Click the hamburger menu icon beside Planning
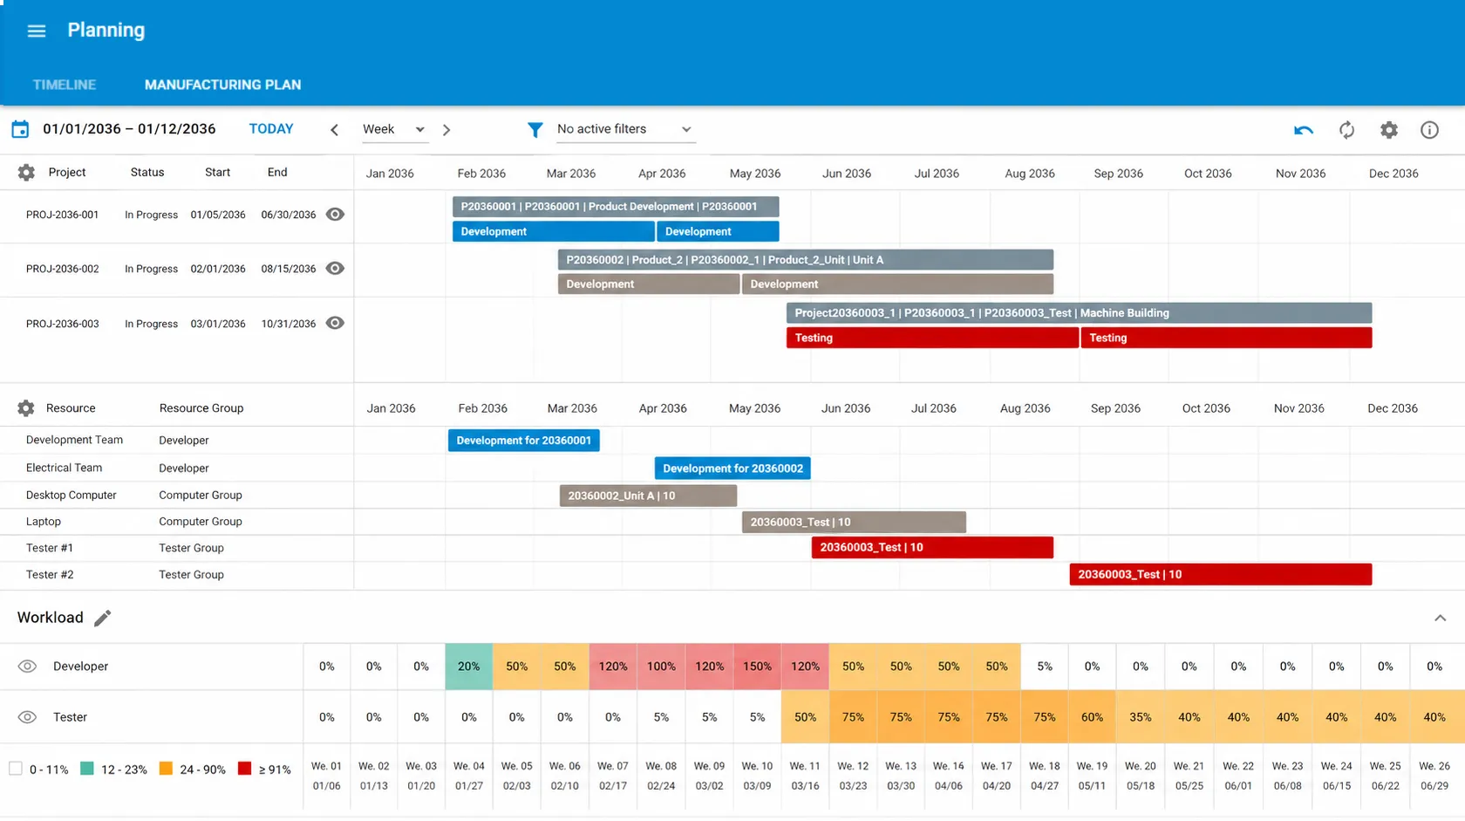(37, 31)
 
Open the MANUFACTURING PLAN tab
(222, 85)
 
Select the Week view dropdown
(394, 129)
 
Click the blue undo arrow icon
(1303, 130)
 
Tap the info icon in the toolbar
(1429, 130)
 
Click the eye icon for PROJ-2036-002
(335, 269)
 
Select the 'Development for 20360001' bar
(523, 441)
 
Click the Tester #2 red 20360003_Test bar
(1221, 574)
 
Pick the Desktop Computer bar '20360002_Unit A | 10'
(648, 496)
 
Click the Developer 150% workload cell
(757, 667)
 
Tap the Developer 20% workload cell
(469, 667)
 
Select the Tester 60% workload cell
(1092, 717)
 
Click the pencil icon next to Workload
(103, 619)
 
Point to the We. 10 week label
(757, 766)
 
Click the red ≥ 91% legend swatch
(244, 769)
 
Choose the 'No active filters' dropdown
(623, 129)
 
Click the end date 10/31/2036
(289, 324)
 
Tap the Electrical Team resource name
(65, 468)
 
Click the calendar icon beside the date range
(20, 129)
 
